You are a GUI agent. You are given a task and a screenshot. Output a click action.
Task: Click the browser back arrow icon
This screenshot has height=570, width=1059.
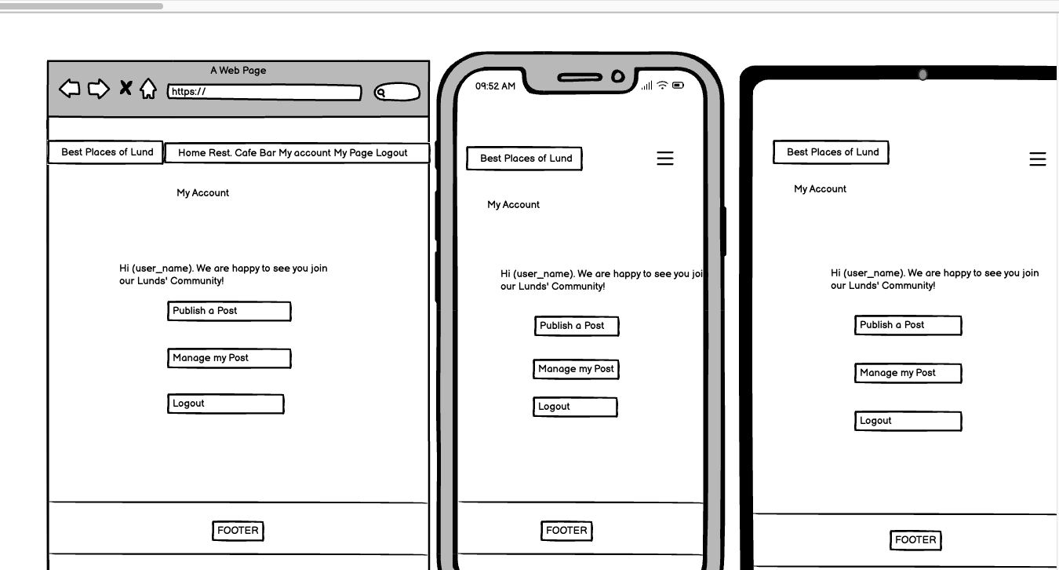(70, 89)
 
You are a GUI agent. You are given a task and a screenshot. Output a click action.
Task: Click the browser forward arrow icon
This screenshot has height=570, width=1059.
(99, 89)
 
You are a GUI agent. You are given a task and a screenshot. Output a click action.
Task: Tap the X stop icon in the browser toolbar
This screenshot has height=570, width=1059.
(126, 88)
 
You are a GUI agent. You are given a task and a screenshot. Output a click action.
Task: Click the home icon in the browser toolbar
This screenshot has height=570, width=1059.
(148, 89)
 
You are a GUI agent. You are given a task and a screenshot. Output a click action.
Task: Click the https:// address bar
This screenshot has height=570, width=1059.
(265, 92)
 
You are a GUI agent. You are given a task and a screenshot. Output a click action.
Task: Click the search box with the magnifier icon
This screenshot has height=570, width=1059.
(397, 92)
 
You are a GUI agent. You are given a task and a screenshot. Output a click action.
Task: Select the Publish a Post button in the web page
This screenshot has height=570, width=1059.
(229, 311)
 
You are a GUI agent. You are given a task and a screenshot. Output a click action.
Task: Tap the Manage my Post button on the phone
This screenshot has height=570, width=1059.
(576, 369)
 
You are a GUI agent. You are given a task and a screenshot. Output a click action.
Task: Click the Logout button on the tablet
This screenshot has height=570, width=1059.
(908, 421)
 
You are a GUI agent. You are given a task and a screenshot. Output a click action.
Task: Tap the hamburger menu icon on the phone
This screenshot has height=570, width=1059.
(665, 158)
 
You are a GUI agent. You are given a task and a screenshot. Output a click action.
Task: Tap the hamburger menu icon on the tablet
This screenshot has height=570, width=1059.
(1038, 159)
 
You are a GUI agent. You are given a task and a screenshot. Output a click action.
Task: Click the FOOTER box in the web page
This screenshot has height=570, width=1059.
(238, 531)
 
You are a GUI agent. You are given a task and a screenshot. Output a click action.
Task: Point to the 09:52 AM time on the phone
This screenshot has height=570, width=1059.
(495, 86)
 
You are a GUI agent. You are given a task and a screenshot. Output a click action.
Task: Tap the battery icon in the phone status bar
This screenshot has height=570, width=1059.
(678, 85)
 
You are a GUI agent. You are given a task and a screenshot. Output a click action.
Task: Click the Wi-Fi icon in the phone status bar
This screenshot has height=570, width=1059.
(662, 85)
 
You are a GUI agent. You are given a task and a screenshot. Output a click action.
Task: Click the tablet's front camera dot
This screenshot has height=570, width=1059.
(923, 75)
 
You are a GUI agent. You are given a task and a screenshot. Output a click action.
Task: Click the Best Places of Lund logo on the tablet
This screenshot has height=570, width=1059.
(832, 152)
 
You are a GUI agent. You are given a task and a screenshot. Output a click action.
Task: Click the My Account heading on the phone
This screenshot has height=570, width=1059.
(514, 204)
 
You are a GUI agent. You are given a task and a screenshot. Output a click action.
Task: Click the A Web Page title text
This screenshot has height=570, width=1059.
(238, 71)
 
